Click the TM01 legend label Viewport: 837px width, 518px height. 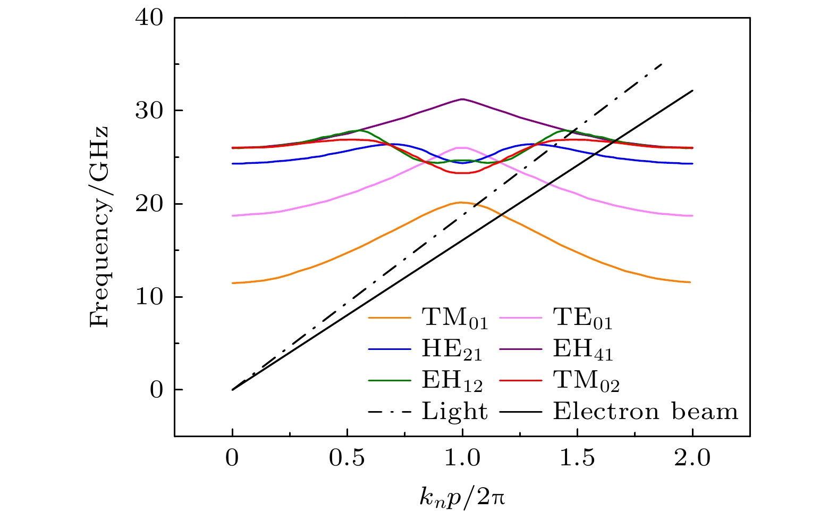[x=455, y=319]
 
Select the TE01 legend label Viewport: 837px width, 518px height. [x=583, y=319]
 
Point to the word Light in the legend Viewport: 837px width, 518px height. [x=455, y=411]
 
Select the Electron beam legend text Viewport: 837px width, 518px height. [x=646, y=411]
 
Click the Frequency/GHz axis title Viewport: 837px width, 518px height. [x=99, y=227]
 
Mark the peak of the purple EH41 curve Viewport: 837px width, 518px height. [x=462, y=99]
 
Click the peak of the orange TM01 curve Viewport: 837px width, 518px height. [x=462, y=202]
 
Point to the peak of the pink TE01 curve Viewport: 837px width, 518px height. [x=462, y=147]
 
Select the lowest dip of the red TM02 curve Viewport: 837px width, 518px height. [x=462, y=173]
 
